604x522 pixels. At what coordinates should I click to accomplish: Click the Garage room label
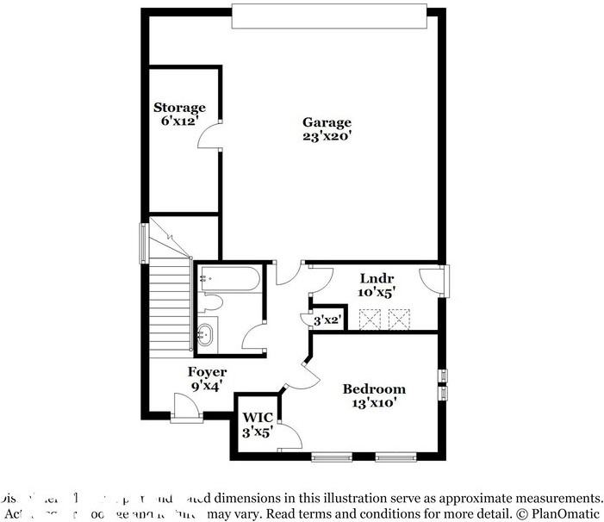coord(327,122)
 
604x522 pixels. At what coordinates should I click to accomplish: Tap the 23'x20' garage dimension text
coord(327,136)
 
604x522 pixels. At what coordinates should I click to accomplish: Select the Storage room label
coord(179,108)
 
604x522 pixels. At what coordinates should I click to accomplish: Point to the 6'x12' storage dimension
coord(179,121)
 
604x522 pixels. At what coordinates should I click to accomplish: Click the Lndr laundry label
coord(376,278)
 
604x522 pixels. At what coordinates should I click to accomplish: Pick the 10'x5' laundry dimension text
coord(376,292)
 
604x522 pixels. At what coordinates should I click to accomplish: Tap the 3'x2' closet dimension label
coord(327,320)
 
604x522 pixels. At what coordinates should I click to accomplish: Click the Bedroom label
coord(373,389)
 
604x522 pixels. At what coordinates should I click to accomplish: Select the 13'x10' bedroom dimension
coord(373,402)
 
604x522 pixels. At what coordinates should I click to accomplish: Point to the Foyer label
coord(208,372)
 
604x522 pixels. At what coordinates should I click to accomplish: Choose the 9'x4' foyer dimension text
coord(208,386)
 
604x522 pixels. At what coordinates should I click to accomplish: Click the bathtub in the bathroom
coord(227,278)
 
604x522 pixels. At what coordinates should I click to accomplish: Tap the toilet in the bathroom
coord(211,303)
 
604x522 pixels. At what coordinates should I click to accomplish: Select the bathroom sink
coord(206,333)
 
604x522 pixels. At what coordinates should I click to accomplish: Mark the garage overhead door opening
coord(328,15)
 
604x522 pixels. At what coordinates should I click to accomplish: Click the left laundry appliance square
coord(370,321)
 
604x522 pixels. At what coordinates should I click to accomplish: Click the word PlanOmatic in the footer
coord(560,513)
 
